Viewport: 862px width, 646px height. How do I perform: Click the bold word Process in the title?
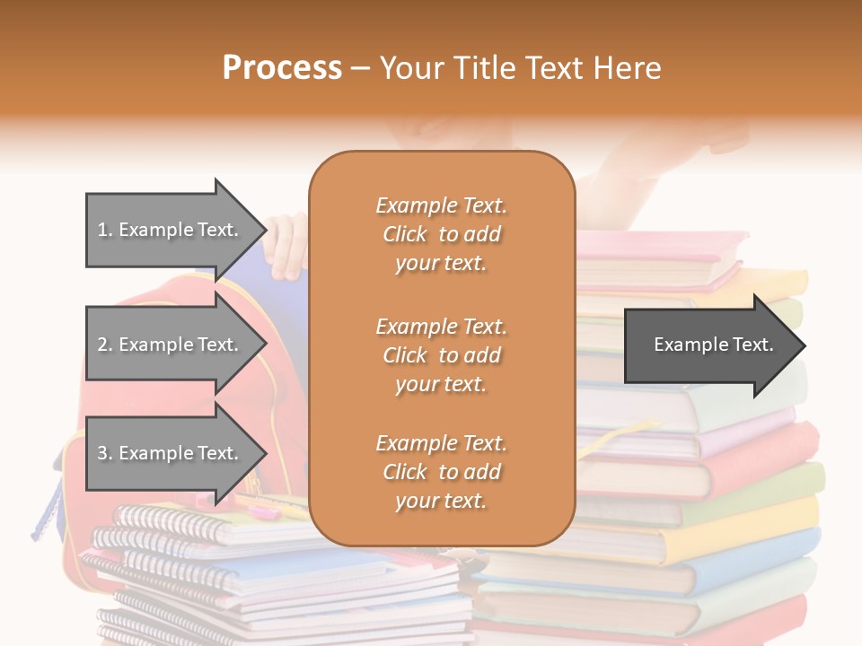coord(282,68)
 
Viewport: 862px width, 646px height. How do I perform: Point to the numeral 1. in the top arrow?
coord(104,230)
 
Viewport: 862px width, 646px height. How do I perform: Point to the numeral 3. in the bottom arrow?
coord(104,453)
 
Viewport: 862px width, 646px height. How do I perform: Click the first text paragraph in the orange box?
coord(441,234)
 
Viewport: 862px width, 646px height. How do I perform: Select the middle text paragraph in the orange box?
coord(441,355)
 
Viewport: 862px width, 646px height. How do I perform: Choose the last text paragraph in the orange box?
coord(441,472)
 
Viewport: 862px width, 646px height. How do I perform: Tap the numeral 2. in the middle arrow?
coord(104,345)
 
